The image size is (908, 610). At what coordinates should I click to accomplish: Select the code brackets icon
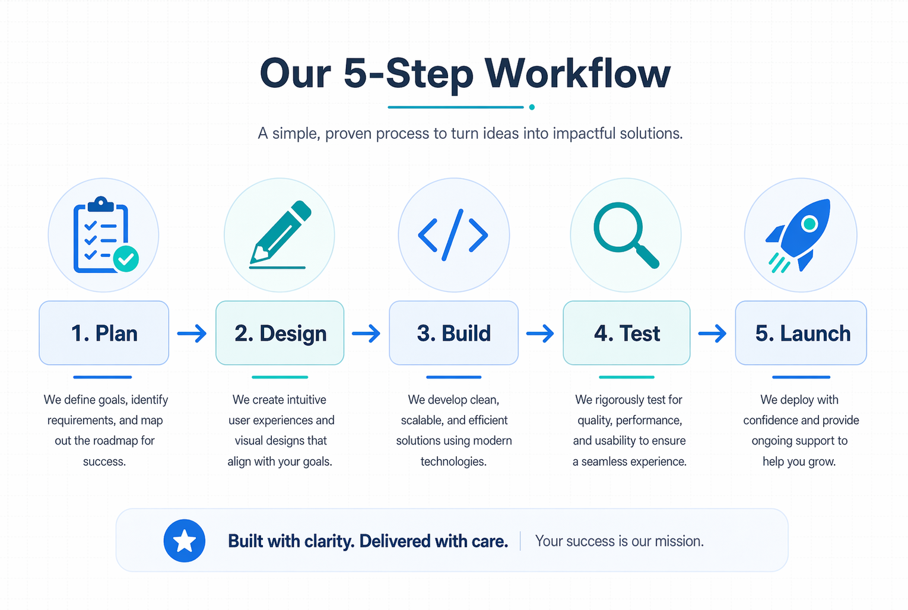pos(453,235)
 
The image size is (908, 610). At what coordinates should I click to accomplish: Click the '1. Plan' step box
pos(104,333)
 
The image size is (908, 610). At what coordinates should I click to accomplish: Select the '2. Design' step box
pos(280,333)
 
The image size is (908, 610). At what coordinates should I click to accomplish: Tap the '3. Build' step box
pos(453,333)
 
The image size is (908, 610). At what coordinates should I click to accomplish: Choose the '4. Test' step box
pos(626,333)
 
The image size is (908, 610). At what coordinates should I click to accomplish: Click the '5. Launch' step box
pos(801,333)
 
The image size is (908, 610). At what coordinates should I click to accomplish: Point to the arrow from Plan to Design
pos(192,333)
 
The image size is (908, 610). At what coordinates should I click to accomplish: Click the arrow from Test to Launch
pos(712,333)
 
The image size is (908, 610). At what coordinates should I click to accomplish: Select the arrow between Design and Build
pos(366,333)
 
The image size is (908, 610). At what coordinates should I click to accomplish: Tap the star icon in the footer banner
pos(185,541)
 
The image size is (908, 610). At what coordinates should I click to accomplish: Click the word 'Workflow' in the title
pos(577,74)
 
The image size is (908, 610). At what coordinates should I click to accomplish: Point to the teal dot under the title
pos(532,107)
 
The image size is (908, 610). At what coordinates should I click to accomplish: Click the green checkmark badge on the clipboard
pos(126,259)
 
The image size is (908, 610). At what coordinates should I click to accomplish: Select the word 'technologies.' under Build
pos(453,462)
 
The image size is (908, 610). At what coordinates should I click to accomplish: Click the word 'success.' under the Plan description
pos(104,462)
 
